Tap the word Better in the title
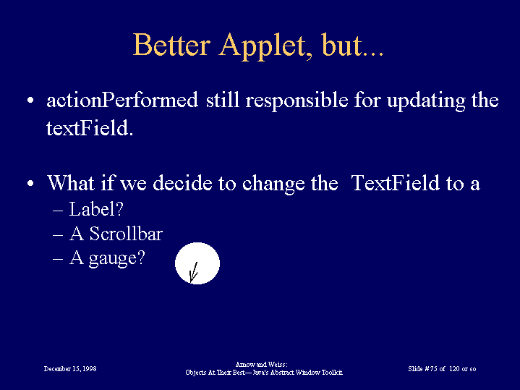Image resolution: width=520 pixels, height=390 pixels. pos(172,44)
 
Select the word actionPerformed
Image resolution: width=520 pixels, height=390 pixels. pos(122,101)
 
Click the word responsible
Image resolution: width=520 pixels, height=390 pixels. pos(297,101)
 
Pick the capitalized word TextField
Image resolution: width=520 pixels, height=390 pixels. pos(396,183)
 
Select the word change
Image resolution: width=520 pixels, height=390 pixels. pos(273,184)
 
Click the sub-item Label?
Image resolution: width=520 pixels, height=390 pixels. pos(96,209)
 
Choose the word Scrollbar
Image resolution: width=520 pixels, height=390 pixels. pos(126,234)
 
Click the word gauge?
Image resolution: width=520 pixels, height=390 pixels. pos(116,258)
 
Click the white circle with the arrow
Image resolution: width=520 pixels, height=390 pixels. pos(197,263)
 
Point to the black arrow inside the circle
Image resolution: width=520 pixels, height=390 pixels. pos(194,272)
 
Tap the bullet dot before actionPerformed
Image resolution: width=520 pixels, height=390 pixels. pos(30,101)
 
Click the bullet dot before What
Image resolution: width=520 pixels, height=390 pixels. pos(30,183)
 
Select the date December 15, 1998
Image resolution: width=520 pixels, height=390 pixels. pos(70,369)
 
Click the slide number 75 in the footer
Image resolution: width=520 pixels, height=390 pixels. pos(434,369)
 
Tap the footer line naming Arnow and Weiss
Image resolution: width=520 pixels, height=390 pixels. pos(261,365)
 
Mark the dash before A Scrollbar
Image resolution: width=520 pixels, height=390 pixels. pos(58,235)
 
